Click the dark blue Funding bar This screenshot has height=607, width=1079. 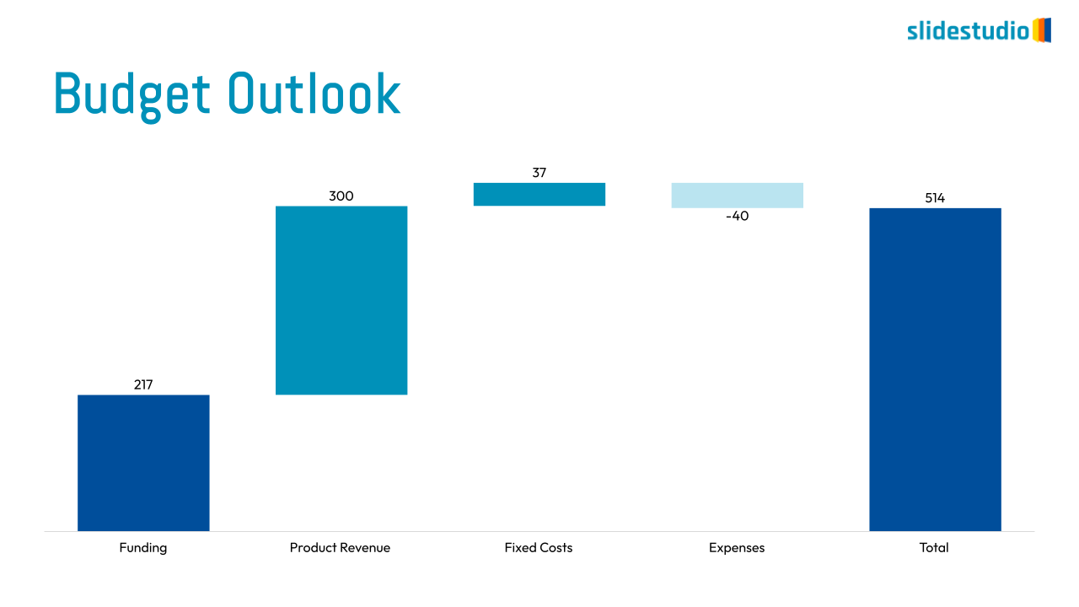coord(143,463)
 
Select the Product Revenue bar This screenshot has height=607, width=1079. coord(341,300)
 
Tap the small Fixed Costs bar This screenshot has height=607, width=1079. coord(539,194)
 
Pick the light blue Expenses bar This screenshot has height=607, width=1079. coord(737,195)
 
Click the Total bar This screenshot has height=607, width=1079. coord(935,369)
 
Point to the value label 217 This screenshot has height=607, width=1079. coord(143,384)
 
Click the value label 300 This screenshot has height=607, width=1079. coord(341,196)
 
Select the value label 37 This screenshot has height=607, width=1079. coord(539,173)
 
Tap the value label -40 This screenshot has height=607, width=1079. coord(737,216)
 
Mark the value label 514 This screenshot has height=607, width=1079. coord(935,198)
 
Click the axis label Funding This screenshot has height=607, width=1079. coord(143,548)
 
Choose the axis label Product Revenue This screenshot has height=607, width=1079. coord(340,548)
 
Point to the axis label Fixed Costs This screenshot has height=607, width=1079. coord(539,548)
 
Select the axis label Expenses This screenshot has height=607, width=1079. coord(737,548)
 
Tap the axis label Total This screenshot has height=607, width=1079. coord(934,548)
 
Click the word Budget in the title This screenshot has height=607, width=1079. coord(132,94)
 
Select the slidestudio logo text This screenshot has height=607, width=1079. coord(968,31)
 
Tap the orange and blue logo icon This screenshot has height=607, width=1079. coord(1042,30)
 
